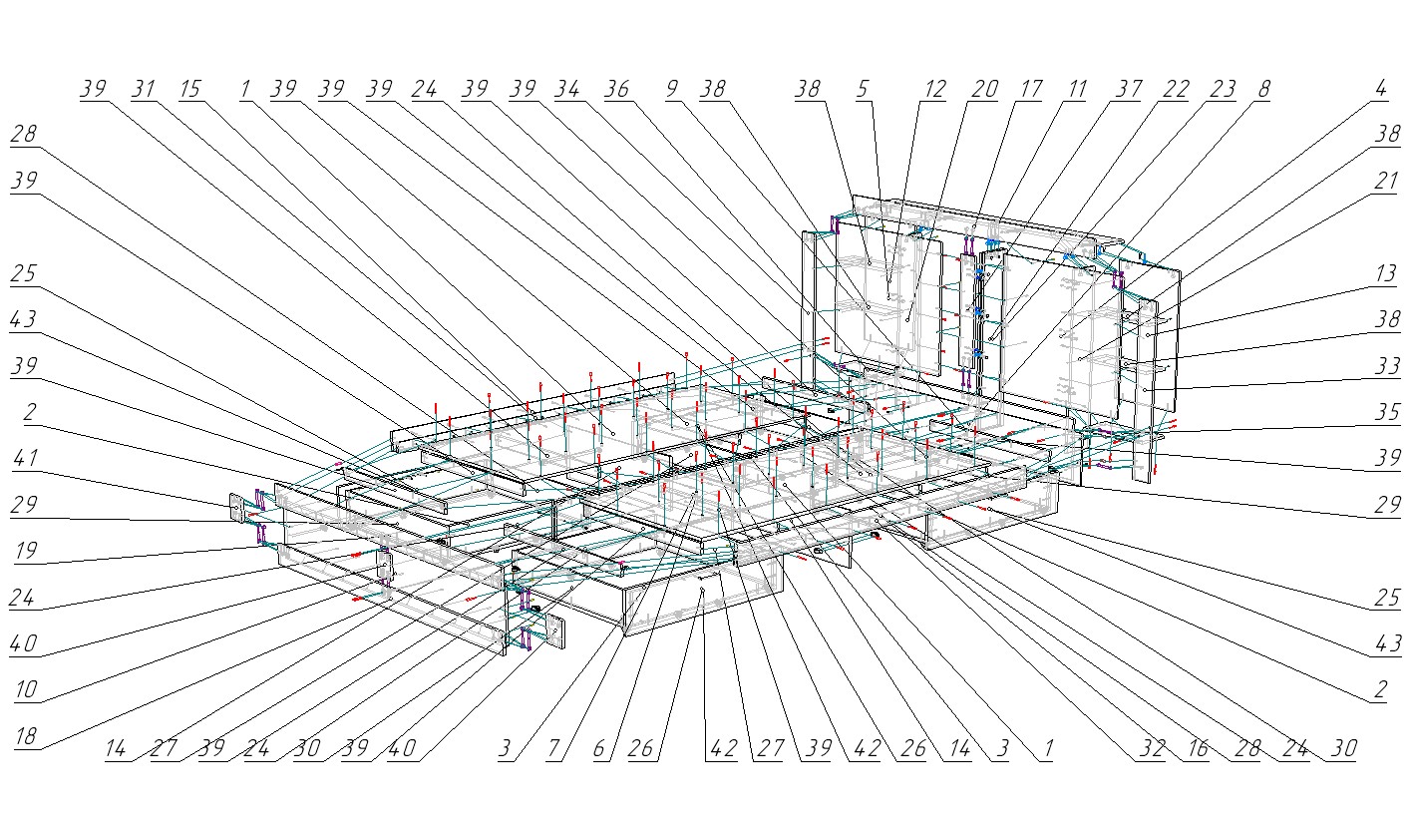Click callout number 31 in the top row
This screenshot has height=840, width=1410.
(144, 89)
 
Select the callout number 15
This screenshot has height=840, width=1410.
(189, 89)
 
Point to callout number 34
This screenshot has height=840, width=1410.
(567, 89)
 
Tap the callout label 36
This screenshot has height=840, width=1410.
(617, 89)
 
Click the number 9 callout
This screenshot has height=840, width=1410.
(672, 89)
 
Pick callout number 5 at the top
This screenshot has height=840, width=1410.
(864, 89)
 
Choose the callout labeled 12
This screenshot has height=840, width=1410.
(934, 89)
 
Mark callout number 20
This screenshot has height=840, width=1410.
(984, 89)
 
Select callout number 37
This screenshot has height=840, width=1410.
(1129, 89)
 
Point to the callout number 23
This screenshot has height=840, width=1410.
(1222, 89)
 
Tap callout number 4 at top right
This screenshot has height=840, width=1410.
(1381, 89)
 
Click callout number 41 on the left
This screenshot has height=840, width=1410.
(25, 459)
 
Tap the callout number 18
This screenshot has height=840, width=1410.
(25, 736)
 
